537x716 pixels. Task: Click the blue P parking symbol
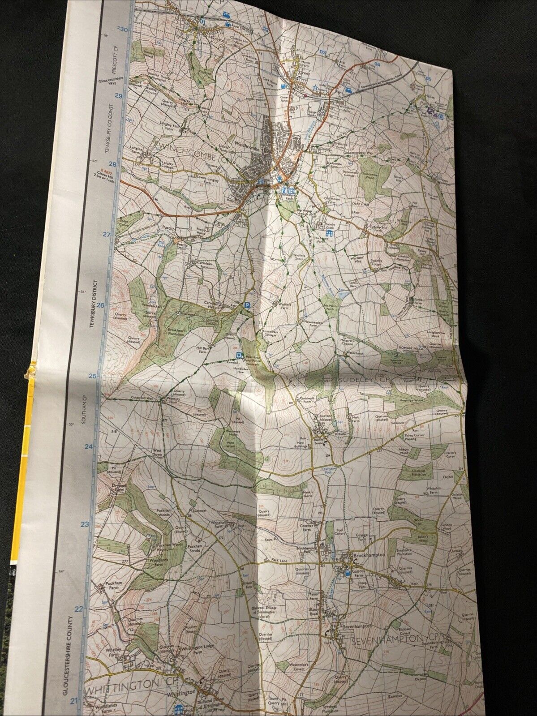(247, 305)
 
